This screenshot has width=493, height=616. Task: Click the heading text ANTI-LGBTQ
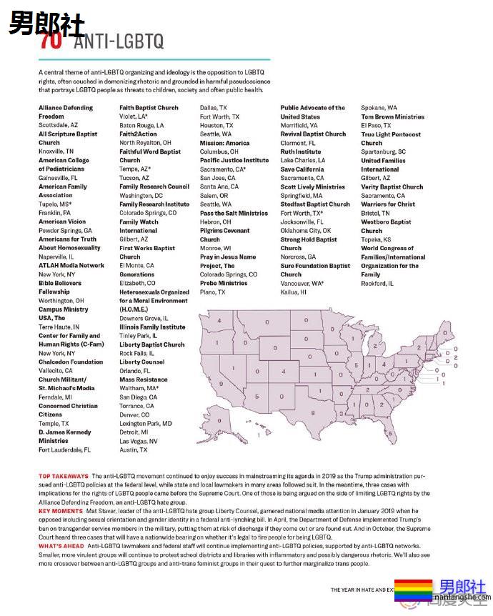click(x=119, y=41)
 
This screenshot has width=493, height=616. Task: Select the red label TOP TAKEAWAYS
click(x=64, y=475)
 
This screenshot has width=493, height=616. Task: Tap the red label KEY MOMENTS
click(x=61, y=512)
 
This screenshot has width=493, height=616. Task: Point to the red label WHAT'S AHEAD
click(x=61, y=547)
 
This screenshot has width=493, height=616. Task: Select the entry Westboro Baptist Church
click(x=386, y=227)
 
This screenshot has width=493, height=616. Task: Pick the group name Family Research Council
click(x=154, y=187)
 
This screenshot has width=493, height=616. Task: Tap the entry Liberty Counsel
click(x=141, y=362)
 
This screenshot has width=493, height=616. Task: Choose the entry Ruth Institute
click(x=300, y=151)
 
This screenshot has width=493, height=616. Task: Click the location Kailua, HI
click(x=294, y=292)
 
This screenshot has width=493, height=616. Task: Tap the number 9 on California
click(x=221, y=383)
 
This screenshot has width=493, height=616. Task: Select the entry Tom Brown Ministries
click(x=392, y=116)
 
